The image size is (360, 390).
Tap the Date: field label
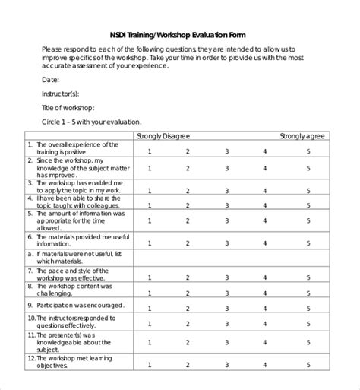click(x=51, y=79)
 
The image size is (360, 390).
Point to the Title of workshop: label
click(x=69, y=107)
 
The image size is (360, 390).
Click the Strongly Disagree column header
click(x=163, y=135)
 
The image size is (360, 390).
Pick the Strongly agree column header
click(x=302, y=135)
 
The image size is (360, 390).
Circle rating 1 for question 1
click(x=149, y=151)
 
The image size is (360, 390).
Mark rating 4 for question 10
click(x=265, y=325)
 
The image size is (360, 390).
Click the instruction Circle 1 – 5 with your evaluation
click(x=91, y=122)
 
